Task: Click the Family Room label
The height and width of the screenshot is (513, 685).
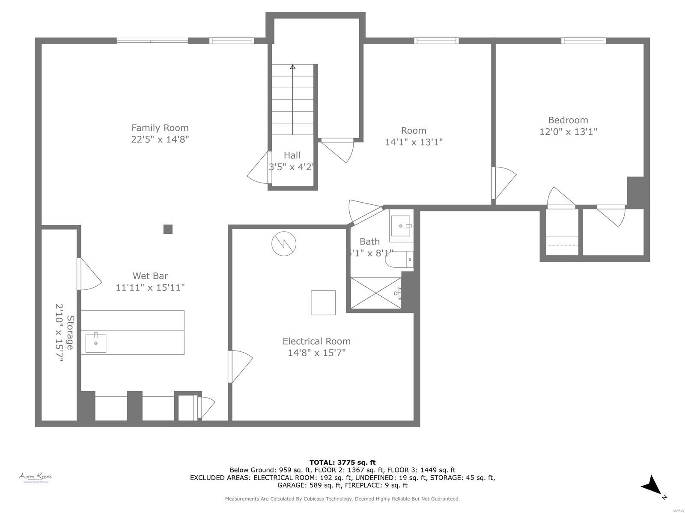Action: pyautogui.click(x=160, y=128)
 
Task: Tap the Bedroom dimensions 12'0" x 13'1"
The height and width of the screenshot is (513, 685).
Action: pyautogui.click(x=568, y=132)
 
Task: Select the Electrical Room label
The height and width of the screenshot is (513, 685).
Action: pyautogui.click(x=316, y=341)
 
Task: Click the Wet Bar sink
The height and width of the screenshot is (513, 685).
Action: pyautogui.click(x=96, y=343)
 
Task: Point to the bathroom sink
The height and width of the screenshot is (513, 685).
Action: pyautogui.click(x=401, y=226)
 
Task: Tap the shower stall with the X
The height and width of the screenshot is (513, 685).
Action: pyautogui.click(x=376, y=293)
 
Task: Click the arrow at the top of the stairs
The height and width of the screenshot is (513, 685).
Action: pyautogui.click(x=293, y=67)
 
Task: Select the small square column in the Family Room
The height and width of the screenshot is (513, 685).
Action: pyautogui.click(x=168, y=229)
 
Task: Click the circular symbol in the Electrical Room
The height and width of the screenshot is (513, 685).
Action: pyautogui.click(x=284, y=244)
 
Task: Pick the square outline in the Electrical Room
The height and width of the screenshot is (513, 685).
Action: pyautogui.click(x=323, y=303)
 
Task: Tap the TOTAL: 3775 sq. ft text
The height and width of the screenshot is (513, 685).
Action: pyautogui.click(x=342, y=462)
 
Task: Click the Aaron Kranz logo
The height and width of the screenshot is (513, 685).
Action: pyautogui.click(x=36, y=477)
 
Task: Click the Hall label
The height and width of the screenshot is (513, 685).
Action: pyautogui.click(x=292, y=155)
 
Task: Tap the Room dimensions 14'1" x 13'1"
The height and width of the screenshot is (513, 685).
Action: pyautogui.click(x=414, y=142)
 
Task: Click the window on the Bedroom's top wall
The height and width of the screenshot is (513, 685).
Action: pyautogui.click(x=583, y=41)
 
